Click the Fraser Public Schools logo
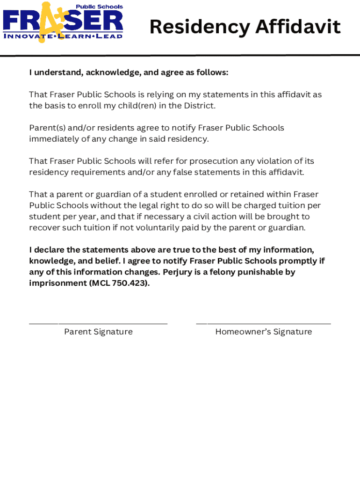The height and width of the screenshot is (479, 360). [x=63, y=22]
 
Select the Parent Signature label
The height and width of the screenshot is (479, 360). [x=98, y=332]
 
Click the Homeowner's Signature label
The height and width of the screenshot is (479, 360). [x=263, y=332]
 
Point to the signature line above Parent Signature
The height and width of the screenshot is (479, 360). [x=98, y=323]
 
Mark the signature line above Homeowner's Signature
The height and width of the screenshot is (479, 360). [x=263, y=323]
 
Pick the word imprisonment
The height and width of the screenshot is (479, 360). [x=58, y=283]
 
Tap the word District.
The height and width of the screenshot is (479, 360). [x=200, y=106]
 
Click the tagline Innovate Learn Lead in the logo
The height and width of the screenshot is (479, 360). [x=63, y=36]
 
